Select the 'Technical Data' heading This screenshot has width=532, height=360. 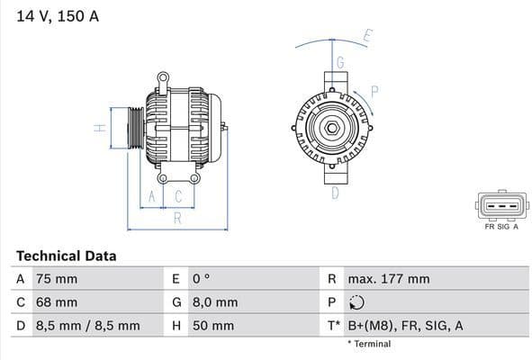pyautogui.click(x=66, y=256)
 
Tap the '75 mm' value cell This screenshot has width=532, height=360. pyautogui.click(x=57, y=279)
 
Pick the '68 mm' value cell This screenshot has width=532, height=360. pyautogui.click(x=57, y=302)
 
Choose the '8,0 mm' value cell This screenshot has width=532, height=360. pyautogui.click(x=214, y=302)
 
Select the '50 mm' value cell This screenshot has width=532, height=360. pyautogui.click(x=212, y=326)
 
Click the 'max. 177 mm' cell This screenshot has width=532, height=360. pyautogui.click(x=390, y=279)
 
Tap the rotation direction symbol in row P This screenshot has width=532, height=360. pyautogui.click(x=356, y=302)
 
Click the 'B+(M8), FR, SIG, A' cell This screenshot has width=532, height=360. pyautogui.click(x=406, y=326)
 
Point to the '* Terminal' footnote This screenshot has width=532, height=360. pyautogui.click(x=369, y=344)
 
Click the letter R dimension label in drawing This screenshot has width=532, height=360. pyautogui.click(x=177, y=218)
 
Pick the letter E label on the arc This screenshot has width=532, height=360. pyautogui.click(x=367, y=37)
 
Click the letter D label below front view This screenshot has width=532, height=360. pyautogui.click(x=334, y=192)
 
